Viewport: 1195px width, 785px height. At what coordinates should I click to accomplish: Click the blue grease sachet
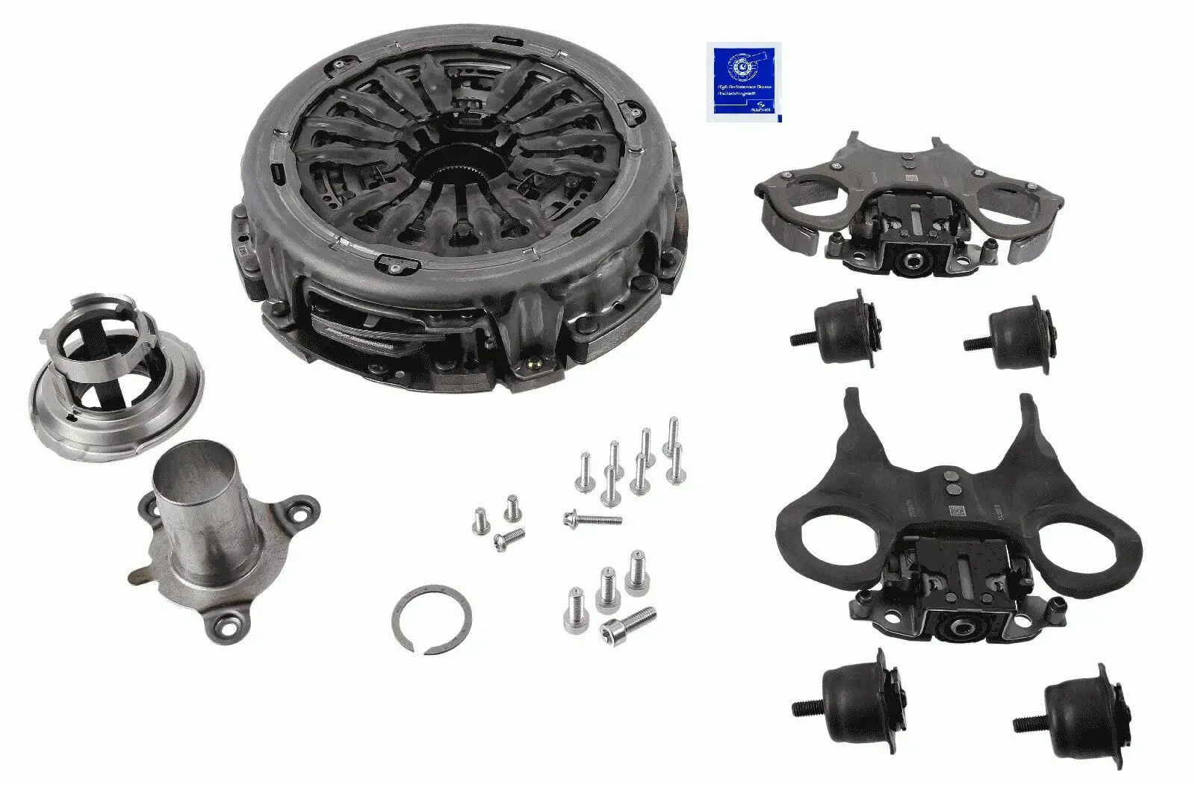[x=743, y=82]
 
